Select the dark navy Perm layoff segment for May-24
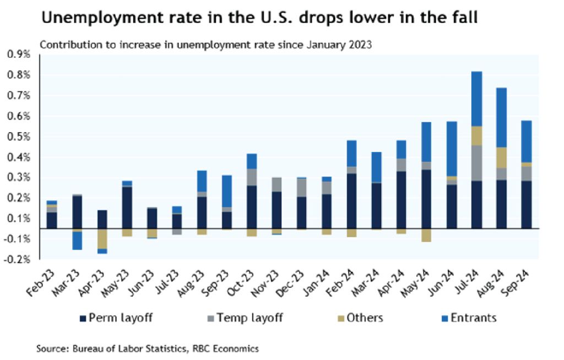426,199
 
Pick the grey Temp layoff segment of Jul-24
476,163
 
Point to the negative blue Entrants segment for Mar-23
77,241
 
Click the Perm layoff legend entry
115,318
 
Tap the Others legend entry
361,318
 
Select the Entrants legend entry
470,318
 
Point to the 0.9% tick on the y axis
19,54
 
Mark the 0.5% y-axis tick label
19,137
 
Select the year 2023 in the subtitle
360,45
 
